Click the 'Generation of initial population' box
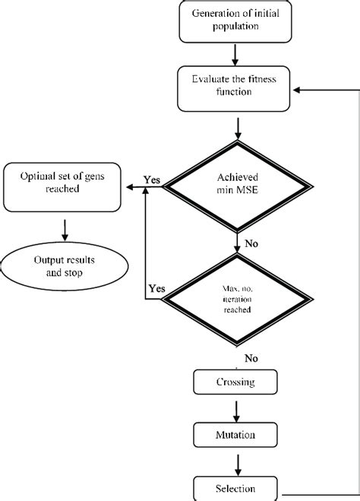click(235, 21)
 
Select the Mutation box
click(235, 436)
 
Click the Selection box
click(235, 488)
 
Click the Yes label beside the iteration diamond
click(157, 288)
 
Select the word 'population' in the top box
click(235, 27)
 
